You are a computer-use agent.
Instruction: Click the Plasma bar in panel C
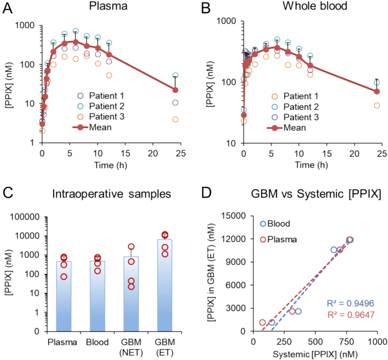[x=63, y=294]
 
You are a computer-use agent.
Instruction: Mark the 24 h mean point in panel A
[x=176, y=90]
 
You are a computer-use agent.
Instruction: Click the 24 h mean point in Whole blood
[x=377, y=92]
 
